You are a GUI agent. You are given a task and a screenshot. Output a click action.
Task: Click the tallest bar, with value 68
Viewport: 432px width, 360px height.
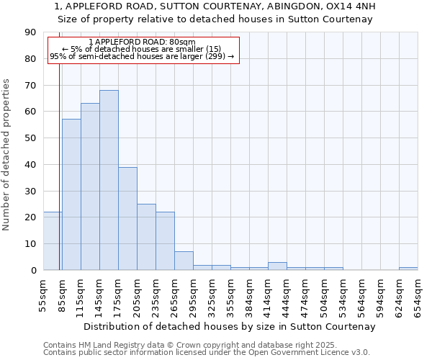coord(109,180)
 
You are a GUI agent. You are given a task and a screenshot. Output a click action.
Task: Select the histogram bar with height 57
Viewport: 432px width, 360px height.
coord(71,194)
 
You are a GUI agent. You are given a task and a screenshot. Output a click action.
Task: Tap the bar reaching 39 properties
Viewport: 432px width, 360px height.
coord(127,218)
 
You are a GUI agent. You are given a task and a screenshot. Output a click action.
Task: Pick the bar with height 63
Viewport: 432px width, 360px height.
coord(90,186)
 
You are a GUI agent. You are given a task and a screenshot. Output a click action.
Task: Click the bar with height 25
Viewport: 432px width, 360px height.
coord(146,237)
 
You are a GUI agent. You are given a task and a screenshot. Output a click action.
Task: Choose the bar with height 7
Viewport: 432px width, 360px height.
coord(184,261)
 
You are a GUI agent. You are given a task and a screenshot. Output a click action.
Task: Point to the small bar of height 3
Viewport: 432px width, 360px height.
coord(277,266)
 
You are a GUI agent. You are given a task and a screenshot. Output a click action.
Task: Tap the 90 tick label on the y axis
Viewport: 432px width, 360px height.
coord(30,32)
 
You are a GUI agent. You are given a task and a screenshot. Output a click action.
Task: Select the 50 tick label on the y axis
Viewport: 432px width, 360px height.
coord(30,138)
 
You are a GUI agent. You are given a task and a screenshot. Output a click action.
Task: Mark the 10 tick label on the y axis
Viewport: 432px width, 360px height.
coord(30,244)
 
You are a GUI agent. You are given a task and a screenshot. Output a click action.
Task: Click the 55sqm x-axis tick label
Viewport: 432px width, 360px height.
coord(43,294)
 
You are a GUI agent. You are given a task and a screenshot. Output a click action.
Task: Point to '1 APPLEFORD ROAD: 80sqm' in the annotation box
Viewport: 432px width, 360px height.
coord(142,42)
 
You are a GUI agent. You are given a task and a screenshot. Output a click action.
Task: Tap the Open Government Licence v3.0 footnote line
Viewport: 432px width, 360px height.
coord(207,352)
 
